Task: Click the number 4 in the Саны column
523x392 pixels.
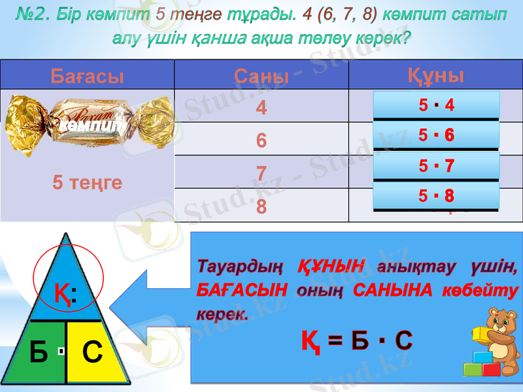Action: tap(261, 108)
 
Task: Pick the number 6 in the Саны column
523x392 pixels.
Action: tap(261, 140)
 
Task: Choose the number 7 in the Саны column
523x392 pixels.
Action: tap(261, 174)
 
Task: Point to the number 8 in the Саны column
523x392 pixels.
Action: tap(261, 206)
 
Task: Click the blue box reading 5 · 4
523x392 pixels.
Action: tap(437, 105)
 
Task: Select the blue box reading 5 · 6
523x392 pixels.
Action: tap(437, 135)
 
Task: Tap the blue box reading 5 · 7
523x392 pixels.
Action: tap(437, 166)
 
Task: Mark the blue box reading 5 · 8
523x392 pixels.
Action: tap(437, 195)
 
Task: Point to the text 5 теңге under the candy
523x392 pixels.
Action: tap(87, 183)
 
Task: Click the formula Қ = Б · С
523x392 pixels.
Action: tap(356, 340)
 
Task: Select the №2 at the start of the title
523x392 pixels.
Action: tap(33, 14)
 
